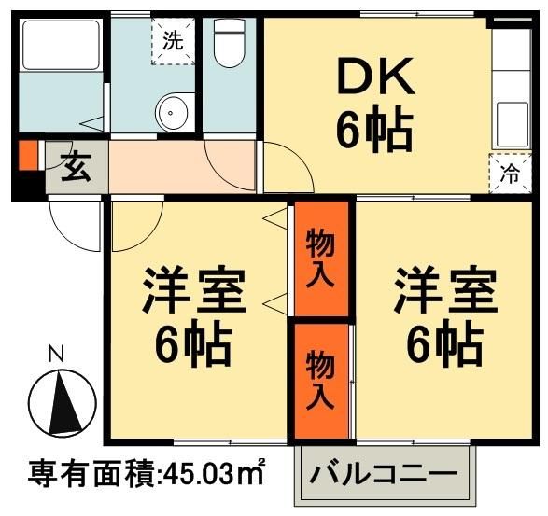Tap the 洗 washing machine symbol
tap(173, 40)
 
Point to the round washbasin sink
tap(173, 115)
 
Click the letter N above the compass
tap(57, 354)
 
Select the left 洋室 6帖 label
tap(193, 317)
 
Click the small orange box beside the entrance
tap(28, 155)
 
